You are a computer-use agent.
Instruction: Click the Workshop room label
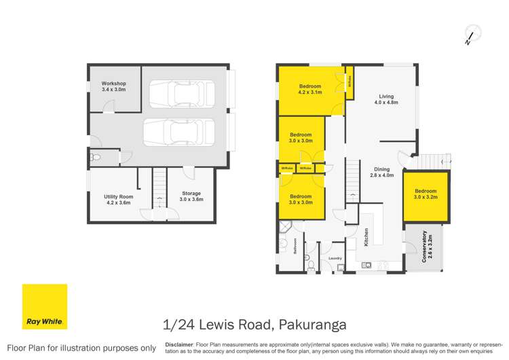point(113,86)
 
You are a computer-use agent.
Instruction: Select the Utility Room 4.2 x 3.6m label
point(119,199)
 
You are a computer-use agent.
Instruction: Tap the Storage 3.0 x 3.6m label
point(191,196)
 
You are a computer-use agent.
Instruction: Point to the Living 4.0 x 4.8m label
point(385,100)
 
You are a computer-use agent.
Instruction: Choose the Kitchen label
point(366,237)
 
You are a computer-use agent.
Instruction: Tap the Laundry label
point(334,258)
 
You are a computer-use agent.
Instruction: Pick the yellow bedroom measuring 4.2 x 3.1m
point(310,90)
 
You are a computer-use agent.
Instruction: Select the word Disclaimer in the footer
point(180,344)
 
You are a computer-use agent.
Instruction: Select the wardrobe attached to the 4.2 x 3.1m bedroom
point(350,83)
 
